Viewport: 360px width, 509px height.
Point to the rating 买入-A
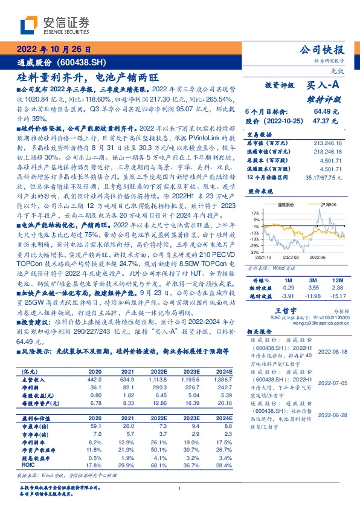(x=327, y=85)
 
